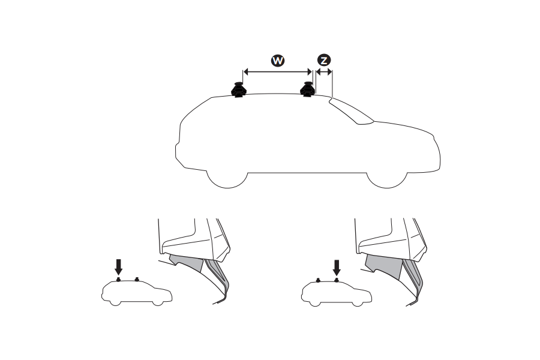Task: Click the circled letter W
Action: [x=278, y=61]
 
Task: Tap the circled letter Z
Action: [x=324, y=61]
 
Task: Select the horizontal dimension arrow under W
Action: [x=277, y=72]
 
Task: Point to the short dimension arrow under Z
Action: [x=324, y=72]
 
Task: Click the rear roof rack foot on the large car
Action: [x=239, y=91]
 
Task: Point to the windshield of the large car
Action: [x=350, y=112]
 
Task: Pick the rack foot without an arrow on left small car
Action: [x=137, y=279]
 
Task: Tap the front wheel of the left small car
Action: [x=157, y=302]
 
